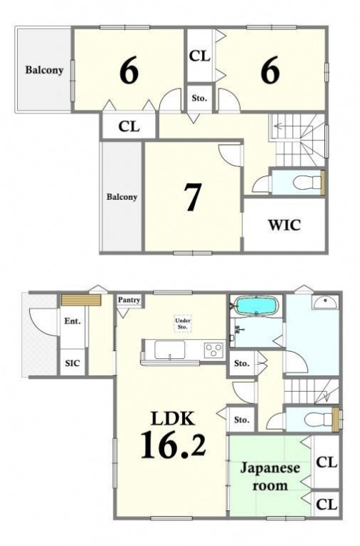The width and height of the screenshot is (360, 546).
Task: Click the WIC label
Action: pyautogui.click(x=284, y=226)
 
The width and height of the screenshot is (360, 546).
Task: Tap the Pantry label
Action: pyautogui.click(x=129, y=300)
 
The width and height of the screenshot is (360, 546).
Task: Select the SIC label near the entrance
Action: pyautogui.click(x=72, y=363)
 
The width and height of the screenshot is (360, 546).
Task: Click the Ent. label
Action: pyautogui.click(x=72, y=321)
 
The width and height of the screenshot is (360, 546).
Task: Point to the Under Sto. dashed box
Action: pyautogui.click(x=183, y=324)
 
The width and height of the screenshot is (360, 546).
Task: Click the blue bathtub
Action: pyautogui.click(x=257, y=305)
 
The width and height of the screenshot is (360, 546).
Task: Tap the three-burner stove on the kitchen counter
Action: pyautogui.click(x=214, y=349)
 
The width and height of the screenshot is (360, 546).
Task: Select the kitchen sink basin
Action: pyautogui.click(x=170, y=349)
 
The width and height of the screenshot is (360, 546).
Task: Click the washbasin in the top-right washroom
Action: pyautogui.click(x=325, y=302)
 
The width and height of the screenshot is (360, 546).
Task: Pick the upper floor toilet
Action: pyautogui.click(x=307, y=182)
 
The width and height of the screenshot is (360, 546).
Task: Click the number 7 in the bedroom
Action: pyautogui.click(x=192, y=197)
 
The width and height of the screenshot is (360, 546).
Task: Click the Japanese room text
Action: pyautogui.click(x=270, y=476)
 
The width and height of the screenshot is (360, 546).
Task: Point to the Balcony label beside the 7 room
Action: pyautogui.click(x=121, y=197)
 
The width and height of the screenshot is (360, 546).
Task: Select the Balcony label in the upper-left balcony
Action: pyautogui.click(x=44, y=70)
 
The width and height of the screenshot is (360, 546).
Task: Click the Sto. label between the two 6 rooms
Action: pyautogui.click(x=199, y=98)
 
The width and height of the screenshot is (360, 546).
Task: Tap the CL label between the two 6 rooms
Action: pyautogui.click(x=200, y=56)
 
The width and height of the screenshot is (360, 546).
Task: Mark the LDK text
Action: pyautogui.click(x=173, y=418)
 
